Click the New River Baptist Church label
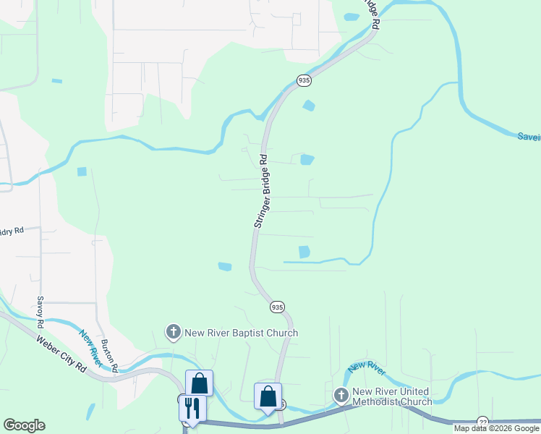coord(241,333)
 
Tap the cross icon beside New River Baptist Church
coord(174,332)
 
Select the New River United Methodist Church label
coord(391,396)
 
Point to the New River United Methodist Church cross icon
coord(341,396)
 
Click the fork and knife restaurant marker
coord(192,407)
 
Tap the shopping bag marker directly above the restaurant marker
coord(199,383)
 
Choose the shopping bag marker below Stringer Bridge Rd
coord(268,396)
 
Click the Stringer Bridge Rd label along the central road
coord(261,192)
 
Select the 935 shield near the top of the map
coord(304,80)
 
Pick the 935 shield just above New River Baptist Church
coord(277,307)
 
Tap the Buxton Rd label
coord(108,354)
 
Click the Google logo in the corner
coord(24,425)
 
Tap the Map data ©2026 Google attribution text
coord(496,428)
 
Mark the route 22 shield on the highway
coord(482,422)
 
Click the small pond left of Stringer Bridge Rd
coord(225,266)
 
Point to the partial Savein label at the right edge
coord(528,136)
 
